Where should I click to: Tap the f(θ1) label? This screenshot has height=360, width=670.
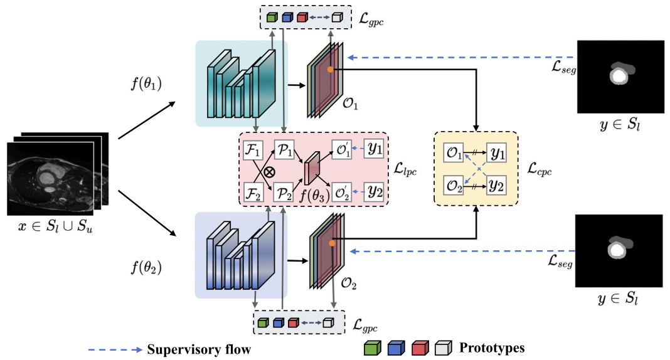tap(146, 83)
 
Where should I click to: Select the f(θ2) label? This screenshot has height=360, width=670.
tap(146, 268)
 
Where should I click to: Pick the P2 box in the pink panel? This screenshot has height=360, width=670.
tap(283, 193)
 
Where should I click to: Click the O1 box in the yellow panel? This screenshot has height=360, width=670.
tap(454, 153)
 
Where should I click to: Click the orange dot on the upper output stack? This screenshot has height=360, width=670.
tap(330, 69)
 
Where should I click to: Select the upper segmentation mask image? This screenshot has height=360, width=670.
tap(619, 75)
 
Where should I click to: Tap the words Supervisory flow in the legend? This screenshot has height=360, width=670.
tap(199, 349)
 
